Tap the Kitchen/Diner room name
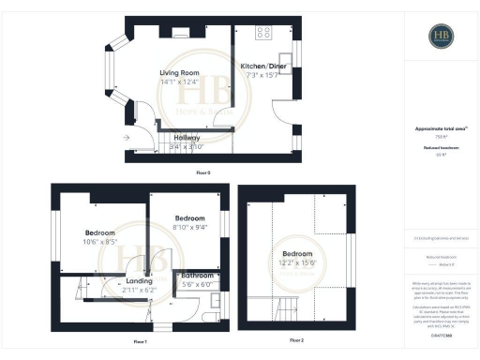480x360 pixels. (262, 66)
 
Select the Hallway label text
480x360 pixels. (187, 137)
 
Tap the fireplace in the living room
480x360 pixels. (180, 33)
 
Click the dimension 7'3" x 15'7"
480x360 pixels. (262, 75)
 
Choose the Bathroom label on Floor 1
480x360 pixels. (197, 276)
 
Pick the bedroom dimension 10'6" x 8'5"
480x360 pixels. (100, 242)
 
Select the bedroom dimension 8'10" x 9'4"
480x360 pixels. (188, 224)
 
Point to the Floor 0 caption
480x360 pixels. (203, 172)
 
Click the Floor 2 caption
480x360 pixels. (296, 338)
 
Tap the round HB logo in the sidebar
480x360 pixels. (442, 37)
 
